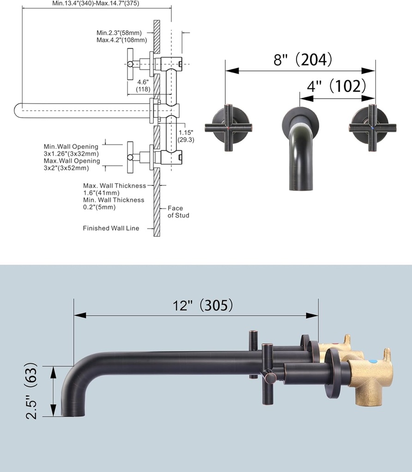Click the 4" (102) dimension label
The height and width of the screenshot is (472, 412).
tap(337, 86)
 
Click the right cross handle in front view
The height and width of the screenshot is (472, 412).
tap(372, 128)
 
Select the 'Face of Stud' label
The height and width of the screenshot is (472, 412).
tap(178, 212)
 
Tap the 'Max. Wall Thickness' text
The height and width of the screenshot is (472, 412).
tap(114, 186)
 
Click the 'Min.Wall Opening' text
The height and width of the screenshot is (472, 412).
tap(71, 147)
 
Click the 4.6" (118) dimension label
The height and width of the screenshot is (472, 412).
tap(142, 85)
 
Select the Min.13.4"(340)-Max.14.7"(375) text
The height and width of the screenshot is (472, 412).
tap(96, 3)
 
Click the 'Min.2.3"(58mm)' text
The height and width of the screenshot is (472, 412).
tap(119, 33)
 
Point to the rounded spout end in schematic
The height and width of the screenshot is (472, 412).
tap(18, 111)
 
